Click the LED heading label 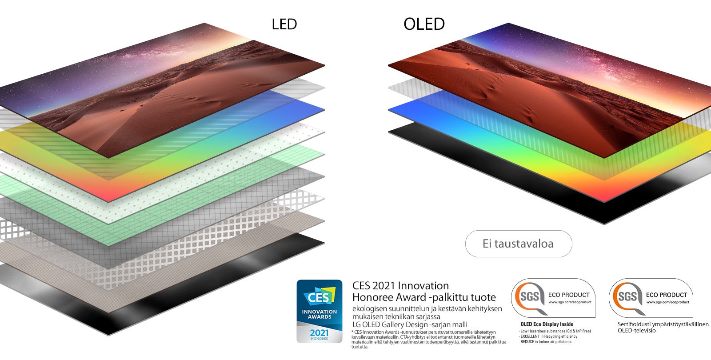[x=284, y=24]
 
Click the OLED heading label [x=424, y=24]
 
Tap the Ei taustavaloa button [x=518, y=244]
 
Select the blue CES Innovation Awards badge [x=320, y=311]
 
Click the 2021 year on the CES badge [x=320, y=332]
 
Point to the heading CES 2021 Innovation [x=400, y=286]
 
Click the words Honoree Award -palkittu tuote [x=424, y=297]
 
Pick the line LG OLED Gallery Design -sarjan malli [x=410, y=324]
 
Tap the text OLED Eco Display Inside [x=547, y=324]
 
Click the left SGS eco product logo [x=553, y=298]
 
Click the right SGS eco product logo [x=651, y=298]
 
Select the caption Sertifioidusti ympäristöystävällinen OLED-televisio [x=663, y=327]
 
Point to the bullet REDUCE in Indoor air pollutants [x=546, y=342]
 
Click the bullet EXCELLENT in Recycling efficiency [x=548, y=336]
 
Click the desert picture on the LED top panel [x=169, y=93]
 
